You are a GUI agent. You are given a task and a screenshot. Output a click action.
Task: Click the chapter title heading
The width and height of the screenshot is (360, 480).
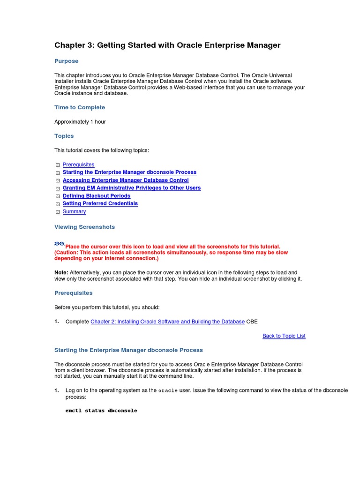[167, 45]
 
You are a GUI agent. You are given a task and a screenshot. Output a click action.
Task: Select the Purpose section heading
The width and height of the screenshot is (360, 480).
[66, 61]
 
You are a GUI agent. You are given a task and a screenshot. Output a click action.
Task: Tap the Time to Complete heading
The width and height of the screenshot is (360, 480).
[80, 107]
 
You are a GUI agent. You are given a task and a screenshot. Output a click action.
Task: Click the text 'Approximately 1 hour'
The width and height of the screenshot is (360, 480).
[80, 122]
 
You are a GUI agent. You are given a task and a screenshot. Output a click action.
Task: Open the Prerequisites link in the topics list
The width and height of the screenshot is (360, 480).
[78, 165]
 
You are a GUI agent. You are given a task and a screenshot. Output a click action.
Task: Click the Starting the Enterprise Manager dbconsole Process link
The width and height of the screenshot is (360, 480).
[129, 172]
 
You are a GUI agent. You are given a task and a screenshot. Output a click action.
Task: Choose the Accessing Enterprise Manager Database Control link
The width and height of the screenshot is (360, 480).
[126, 180]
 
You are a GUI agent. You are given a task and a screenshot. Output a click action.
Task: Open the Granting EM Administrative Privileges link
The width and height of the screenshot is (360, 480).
[131, 188]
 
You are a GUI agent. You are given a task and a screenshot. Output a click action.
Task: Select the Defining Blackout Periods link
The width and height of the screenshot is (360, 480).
[96, 196]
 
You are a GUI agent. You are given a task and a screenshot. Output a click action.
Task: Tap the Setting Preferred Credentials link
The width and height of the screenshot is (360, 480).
[100, 203]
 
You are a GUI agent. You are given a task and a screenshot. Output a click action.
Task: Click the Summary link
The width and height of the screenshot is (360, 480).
[74, 211]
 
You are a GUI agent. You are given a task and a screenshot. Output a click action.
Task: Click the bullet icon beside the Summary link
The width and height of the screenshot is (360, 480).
[57, 212]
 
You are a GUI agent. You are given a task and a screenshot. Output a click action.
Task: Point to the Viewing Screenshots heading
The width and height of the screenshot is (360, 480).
[84, 227]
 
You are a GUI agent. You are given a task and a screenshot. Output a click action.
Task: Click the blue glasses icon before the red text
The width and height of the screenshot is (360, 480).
[59, 244]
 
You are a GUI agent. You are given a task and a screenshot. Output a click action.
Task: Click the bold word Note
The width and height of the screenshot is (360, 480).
[61, 272]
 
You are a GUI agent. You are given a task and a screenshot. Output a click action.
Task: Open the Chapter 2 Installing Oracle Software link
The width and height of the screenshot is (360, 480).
[167, 322]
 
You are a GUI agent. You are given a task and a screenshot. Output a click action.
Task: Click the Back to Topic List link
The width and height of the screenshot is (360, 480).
[284, 336]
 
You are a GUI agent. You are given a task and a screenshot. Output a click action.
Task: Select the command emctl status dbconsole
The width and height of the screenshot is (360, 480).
[101, 411]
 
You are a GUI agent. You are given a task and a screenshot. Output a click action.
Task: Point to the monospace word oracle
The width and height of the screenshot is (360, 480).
[168, 391]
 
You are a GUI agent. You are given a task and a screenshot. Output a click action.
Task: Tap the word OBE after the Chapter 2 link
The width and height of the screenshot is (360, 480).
[252, 322]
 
